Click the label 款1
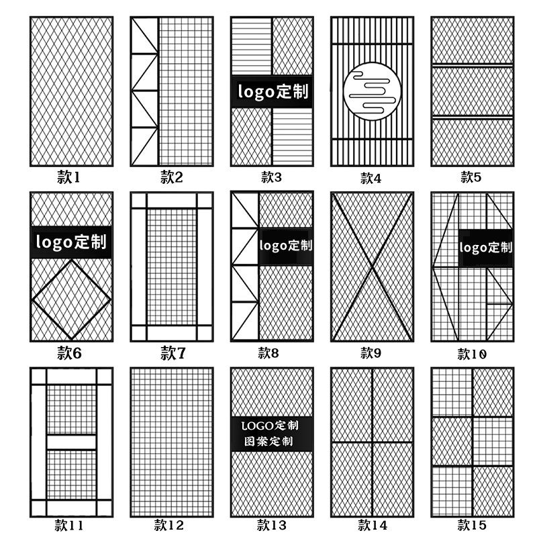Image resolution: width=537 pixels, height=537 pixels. (x=68, y=177)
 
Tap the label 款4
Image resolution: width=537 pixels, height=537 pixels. (x=371, y=178)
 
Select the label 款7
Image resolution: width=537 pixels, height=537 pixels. (x=173, y=353)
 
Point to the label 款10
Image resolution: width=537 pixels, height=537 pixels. (x=472, y=354)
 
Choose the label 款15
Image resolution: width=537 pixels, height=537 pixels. (x=472, y=524)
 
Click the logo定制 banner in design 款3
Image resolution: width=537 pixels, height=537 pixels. (x=272, y=91)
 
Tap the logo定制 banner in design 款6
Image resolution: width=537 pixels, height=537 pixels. (x=70, y=241)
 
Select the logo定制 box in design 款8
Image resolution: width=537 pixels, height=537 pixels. (x=286, y=245)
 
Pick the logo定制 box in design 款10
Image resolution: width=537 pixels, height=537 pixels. (x=486, y=247)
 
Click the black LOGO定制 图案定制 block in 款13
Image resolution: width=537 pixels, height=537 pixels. (x=272, y=433)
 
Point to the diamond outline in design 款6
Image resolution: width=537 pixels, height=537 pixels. (x=71, y=299)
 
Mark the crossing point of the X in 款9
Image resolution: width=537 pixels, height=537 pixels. (x=372, y=266)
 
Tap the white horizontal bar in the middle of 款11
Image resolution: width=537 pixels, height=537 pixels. (x=71, y=442)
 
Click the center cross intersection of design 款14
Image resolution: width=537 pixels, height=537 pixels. (x=372, y=442)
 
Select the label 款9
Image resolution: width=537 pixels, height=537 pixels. (x=371, y=353)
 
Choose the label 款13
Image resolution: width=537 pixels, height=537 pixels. (x=272, y=524)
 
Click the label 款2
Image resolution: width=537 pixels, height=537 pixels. (x=172, y=177)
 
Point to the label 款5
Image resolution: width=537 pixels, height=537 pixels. (x=471, y=177)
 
